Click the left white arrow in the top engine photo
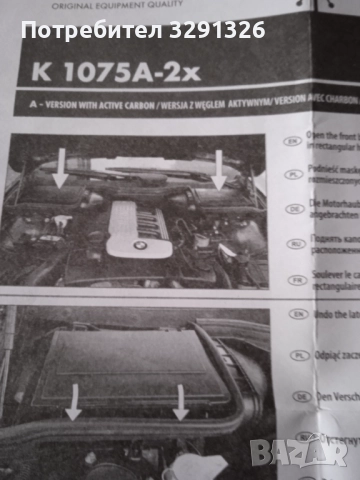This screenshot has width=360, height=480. [x=59, y=165]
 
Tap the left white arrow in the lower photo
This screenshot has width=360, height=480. [x=74, y=400]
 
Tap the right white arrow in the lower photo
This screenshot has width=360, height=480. [x=181, y=400]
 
